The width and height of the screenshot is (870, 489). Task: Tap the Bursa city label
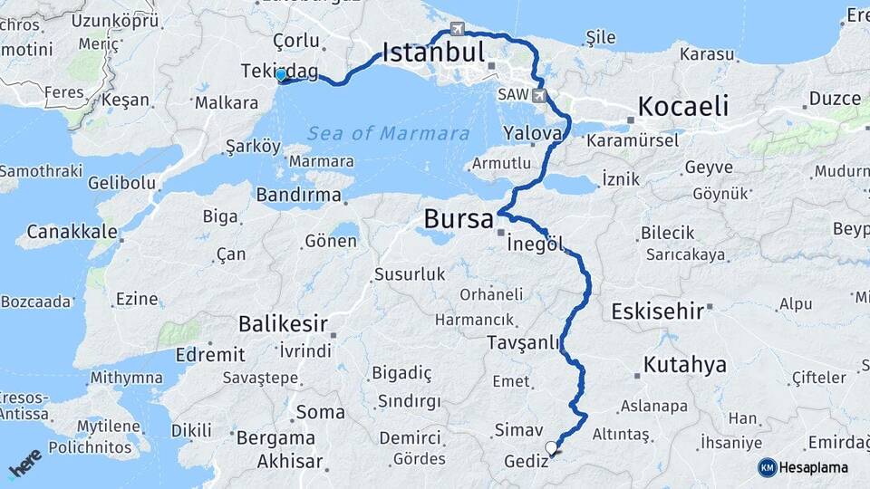459,220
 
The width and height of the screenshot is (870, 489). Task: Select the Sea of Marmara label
388,134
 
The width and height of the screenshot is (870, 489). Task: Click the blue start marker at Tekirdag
282,75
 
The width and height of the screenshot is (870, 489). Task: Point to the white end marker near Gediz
553,446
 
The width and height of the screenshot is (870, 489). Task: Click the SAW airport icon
540,94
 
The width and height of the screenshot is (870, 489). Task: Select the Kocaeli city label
682,107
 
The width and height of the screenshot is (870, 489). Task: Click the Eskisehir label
658,312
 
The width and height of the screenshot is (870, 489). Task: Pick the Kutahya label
685,365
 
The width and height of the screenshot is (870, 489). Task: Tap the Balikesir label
282,324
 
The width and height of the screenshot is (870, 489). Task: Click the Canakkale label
72,232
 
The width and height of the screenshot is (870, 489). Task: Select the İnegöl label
536,244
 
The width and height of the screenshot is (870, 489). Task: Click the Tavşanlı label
525,343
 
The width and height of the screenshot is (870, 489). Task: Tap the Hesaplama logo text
813,467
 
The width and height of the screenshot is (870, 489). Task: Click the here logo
24,464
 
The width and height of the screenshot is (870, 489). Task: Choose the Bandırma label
297,194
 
